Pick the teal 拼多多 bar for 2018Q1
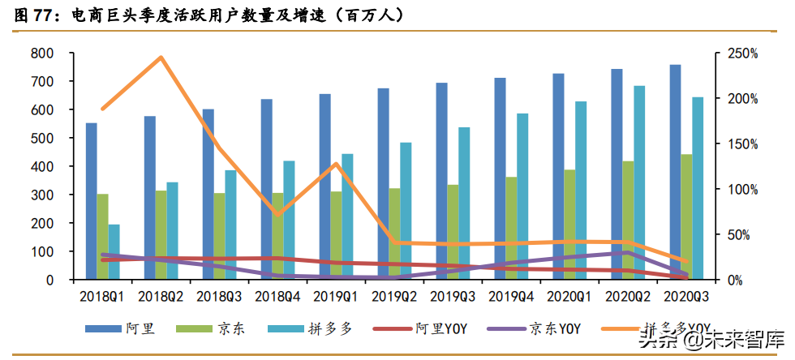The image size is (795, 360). [114, 252]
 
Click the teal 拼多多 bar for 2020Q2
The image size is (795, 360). [639, 182]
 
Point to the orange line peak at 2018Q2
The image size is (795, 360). [161, 58]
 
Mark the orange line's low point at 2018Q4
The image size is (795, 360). [278, 215]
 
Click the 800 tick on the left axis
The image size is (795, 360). [42, 54]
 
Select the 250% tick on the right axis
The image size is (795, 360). [741, 54]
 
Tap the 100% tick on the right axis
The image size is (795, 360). [741, 189]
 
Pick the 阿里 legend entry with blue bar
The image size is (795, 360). [122, 328]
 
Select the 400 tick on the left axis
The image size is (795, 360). [42, 166]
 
